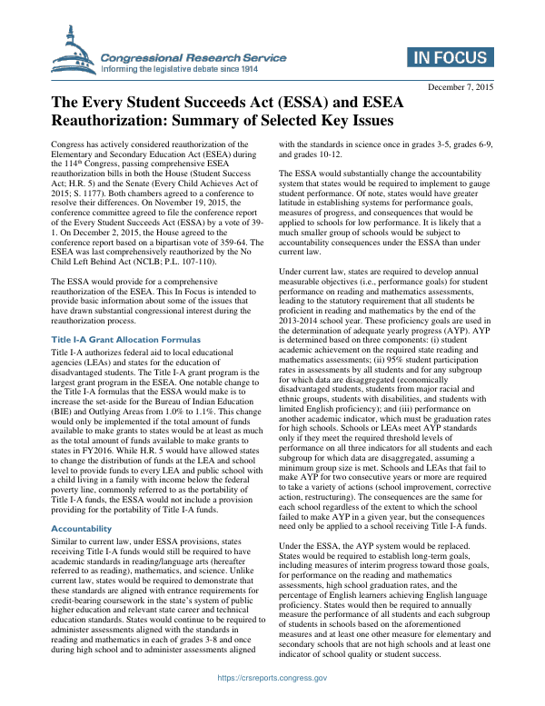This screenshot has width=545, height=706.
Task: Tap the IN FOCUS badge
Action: tap(451, 57)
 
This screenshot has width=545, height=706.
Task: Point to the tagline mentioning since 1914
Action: tap(180, 69)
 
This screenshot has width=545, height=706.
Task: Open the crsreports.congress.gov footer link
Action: tap(272, 678)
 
